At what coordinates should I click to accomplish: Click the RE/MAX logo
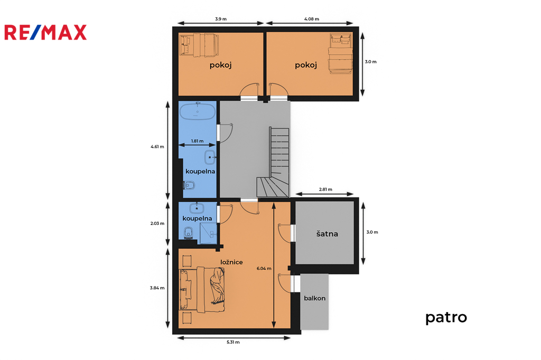(x=45, y=32)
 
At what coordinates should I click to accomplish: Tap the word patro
(x=446, y=317)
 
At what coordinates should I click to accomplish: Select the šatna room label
(x=327, y=233)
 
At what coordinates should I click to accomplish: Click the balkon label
(x=315, y=298)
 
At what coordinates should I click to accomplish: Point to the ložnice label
(x=231, y=262)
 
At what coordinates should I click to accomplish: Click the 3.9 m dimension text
(x=221, y=19)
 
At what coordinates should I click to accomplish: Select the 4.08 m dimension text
(x=312, y=19)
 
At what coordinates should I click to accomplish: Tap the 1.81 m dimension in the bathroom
(x=198, y=141)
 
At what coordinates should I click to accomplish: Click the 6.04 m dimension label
(x=264, y=268)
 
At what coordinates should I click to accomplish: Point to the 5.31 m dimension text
(x=233, y=342)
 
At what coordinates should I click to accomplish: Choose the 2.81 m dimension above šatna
(x=325, y=190)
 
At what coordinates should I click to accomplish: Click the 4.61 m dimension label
(x=157, y=147)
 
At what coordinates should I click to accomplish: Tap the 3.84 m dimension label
(x=157, y=288)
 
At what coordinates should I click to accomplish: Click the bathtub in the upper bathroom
(x=198, y=111)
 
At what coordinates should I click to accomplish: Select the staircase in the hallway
(x=273, y=162)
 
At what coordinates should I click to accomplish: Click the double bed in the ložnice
(x=202, y=290)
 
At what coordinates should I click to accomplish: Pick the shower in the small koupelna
(x=208, y=233)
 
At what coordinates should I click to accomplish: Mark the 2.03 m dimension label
(x=157, y=223)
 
